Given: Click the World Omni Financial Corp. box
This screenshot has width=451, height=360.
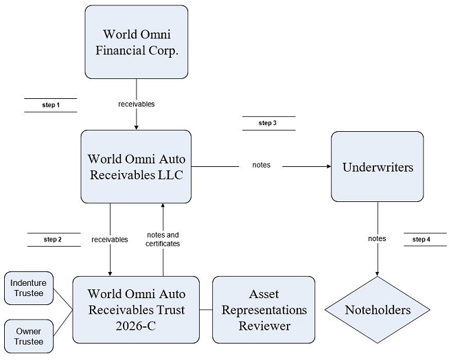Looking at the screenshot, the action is coord(137,42).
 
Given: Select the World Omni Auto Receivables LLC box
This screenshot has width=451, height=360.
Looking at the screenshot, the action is coord(136,167).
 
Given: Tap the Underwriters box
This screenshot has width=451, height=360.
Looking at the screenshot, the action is coord(378,167).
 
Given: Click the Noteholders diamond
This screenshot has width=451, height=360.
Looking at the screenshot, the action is coord(378,310).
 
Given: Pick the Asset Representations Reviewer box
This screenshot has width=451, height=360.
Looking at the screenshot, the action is coord(264,310).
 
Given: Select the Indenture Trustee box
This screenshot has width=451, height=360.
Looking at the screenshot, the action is coord(29,288).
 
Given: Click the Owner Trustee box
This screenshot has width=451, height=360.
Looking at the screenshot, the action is coord(29,336).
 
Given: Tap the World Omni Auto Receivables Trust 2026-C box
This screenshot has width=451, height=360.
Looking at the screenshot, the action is coord(136,310).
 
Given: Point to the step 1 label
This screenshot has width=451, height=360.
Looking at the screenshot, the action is coord(51,105).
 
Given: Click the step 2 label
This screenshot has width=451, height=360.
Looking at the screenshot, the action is coord(53,239).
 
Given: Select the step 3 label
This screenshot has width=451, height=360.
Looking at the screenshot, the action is coord(268,123).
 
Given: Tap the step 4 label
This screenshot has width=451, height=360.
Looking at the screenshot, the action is coord(421,239).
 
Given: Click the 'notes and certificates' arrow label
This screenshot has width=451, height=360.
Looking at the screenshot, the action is coord(163,239).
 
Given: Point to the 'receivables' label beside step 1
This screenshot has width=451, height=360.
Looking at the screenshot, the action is coord(137,104).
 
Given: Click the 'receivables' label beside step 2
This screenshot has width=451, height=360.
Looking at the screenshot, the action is coord(110,239).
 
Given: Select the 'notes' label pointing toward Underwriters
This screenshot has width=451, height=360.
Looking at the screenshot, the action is coord(262,165).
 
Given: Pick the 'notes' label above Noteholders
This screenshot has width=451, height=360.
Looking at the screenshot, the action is coord(377,238).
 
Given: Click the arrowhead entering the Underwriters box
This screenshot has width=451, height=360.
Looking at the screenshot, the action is coord(329,166).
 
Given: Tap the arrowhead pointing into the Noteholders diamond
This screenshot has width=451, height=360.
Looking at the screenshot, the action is coord(378,273).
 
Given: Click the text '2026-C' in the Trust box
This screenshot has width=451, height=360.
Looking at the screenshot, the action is coord(136,326).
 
